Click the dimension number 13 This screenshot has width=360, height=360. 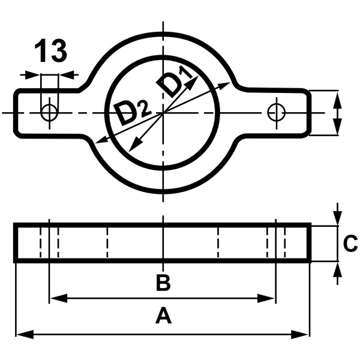pyautogui.click(x=50, y=52)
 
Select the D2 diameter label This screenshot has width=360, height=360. pyautogui.click(x=130, y=113)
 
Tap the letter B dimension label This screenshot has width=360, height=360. pyautogui.click(x=163, y=283)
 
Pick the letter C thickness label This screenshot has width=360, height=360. pyautogui.click(x=350, y=244)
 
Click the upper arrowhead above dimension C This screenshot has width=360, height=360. pyautogui.click(x=338, y=219)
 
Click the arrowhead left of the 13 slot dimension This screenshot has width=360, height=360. pyautogui.click(x=35, y=75)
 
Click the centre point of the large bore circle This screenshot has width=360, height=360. pyautogui.click(x=163, y=112)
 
